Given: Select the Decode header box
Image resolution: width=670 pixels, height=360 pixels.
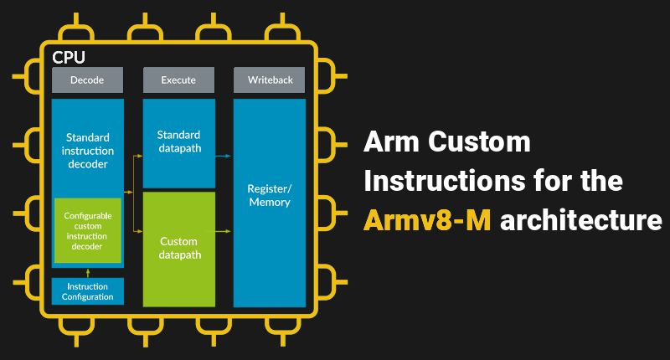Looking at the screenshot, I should pos(88,80).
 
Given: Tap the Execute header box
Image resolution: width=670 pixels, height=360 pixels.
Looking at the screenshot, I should pos(178,80).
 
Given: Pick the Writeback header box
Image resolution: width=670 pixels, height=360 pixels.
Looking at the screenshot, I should pos(269,80).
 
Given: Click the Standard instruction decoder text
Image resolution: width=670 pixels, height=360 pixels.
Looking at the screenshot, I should pos(87,149).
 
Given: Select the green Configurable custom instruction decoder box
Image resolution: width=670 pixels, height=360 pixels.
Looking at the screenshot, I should pos(88,230).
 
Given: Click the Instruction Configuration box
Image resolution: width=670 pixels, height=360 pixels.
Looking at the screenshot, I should pos(88,291).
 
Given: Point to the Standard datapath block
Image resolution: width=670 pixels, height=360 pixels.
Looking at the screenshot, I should pos(178,142).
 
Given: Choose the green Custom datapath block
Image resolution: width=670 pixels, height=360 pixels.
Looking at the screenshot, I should pos(178,249).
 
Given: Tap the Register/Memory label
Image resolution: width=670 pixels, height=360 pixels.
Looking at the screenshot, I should pos(269,195).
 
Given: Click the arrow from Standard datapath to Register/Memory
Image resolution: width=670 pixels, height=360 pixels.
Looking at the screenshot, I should pos(224,155).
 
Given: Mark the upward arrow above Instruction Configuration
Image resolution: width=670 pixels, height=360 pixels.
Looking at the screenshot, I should pos(88,271).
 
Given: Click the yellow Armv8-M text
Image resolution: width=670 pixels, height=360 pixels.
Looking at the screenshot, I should pos(426,220).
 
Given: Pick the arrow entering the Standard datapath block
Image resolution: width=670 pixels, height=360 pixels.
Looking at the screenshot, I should pos(137,155).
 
